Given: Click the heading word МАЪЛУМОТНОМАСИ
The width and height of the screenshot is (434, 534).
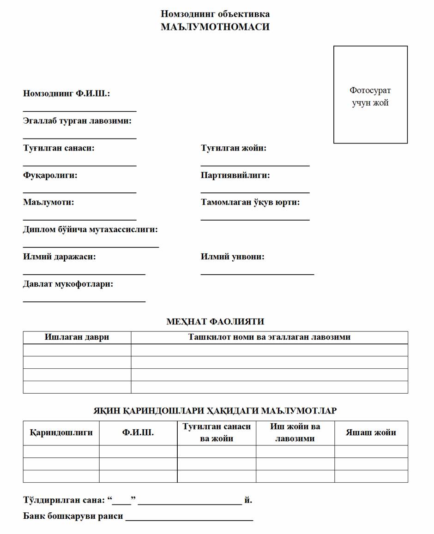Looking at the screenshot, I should pos(215,27).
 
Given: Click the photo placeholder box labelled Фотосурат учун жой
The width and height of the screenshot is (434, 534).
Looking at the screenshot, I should pos(370,95).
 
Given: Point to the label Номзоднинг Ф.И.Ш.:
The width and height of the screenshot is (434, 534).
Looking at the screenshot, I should pos(66,94).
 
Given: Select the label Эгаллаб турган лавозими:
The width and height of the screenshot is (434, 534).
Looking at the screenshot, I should pos(77,121).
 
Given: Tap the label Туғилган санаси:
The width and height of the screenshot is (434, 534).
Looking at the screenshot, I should pos(59,148).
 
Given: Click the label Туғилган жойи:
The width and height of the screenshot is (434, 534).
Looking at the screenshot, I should pos(234,148).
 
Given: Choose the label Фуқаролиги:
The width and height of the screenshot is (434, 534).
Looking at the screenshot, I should pos(50,175).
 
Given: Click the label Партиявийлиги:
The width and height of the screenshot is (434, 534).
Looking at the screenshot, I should pos(235,175).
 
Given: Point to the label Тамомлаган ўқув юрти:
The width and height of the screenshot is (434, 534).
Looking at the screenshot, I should pos(250,202).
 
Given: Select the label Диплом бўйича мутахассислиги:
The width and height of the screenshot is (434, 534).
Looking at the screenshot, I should pos(90,229).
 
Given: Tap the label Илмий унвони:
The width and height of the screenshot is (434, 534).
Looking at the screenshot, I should pos(233,257).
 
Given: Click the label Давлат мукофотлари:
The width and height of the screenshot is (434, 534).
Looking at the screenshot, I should pos(68,284).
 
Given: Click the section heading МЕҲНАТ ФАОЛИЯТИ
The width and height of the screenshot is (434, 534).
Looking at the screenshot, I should pos(215,322).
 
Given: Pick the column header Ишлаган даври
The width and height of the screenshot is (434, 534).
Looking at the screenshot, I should pos(77,337).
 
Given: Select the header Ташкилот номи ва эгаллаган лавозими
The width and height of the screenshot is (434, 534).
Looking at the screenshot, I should pos(269,337).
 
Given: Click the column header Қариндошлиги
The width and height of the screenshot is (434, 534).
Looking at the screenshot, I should pos(61,433).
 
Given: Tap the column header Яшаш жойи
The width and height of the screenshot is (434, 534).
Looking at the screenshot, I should pos(371,433).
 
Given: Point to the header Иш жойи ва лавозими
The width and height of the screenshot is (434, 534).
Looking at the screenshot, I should pos(295,432).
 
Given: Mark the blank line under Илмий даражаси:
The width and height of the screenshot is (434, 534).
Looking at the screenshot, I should pos(84,274).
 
